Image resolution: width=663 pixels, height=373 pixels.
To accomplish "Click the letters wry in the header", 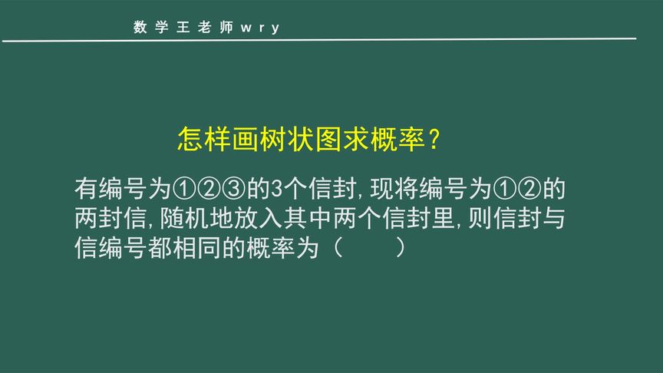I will (x=260, y=28).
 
